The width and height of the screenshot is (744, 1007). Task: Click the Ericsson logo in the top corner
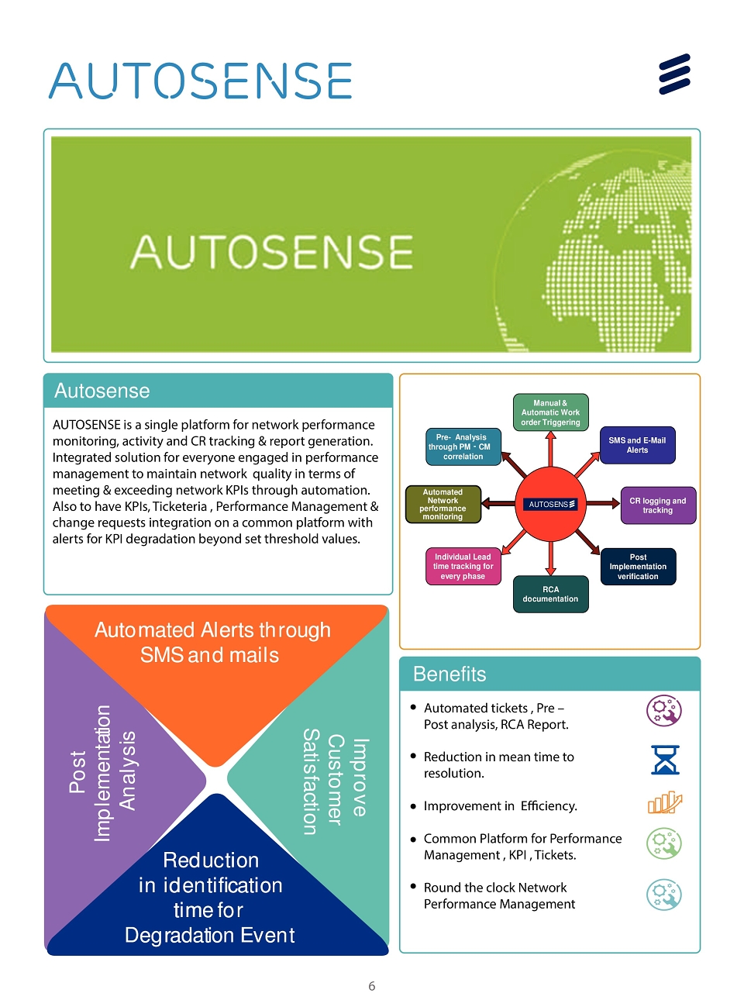(674, 74)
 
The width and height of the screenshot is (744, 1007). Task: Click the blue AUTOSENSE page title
(200, 81)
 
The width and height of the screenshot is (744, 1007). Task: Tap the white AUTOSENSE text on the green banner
(271, 252)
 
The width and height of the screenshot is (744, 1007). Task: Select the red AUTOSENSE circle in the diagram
(550, 504)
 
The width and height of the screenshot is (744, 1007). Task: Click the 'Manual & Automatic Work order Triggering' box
(550, 412)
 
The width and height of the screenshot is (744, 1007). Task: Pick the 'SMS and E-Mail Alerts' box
(637, 445)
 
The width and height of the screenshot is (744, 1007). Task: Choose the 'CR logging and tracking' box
(658, 505)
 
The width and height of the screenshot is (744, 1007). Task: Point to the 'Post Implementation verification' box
(638, 566)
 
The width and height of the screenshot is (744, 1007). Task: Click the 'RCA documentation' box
(550, 594)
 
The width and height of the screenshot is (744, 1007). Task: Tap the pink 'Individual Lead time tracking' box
(463, 566)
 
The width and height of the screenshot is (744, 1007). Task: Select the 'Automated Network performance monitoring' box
(443, 504)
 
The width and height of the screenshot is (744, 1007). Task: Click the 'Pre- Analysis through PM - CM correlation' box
(463, 447)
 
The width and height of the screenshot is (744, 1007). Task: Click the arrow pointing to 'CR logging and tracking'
(603, 503)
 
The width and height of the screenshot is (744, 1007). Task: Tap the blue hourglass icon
(664, 760)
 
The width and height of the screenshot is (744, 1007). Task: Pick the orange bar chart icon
(664, 802)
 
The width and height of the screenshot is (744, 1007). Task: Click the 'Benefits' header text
(449, 674)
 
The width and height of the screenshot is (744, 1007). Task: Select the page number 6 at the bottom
(371, 985)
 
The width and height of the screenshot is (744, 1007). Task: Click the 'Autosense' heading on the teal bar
(102, 391)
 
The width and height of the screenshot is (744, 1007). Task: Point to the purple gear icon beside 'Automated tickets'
(663, 711)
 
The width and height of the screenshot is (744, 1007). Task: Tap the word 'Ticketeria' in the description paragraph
(180, 506)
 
